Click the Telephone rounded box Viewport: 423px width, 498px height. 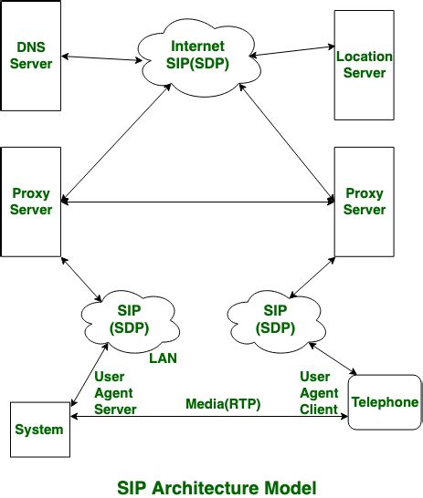coord(385,402)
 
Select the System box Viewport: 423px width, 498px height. coord(37,429)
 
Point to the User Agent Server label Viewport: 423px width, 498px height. coord(115,392)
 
